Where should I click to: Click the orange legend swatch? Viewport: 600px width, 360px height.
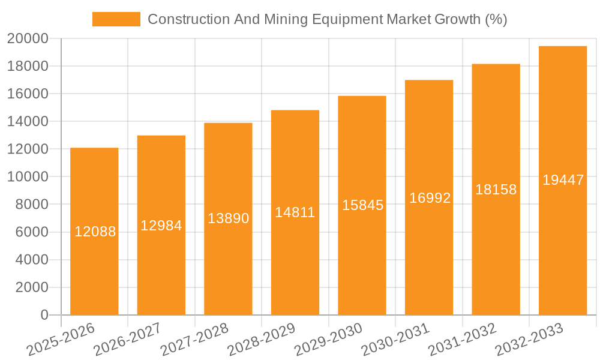[116, 19]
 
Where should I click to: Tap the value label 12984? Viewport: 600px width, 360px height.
[161, 226]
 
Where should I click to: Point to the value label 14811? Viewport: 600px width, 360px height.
[295, 212]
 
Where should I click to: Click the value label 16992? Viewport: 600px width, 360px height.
[429, 198]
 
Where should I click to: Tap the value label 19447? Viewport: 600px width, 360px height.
[563, 180]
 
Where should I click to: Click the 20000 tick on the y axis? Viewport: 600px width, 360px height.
[28, 38]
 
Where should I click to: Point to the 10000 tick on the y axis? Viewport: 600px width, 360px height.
[28, 177]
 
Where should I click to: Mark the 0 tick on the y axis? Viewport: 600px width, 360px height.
[44, 315]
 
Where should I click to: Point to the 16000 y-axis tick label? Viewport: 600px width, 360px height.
[28, 94]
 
